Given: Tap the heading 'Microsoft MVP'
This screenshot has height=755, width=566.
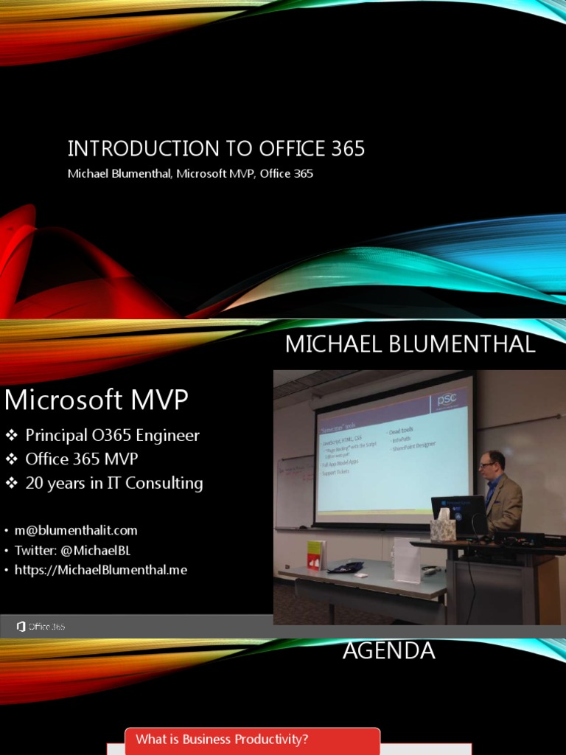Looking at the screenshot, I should [x=97, y=400].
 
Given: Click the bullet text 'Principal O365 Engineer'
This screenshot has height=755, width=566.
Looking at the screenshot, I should [x=112, y=435].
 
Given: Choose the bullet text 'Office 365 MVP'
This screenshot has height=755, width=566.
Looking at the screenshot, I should [x=81, y=459].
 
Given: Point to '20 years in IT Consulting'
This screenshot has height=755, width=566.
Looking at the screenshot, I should [x=114, y=484].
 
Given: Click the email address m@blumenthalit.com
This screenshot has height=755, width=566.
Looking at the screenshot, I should [x=76, y=530].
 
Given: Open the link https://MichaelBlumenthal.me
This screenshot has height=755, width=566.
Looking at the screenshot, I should [x=101, y=570].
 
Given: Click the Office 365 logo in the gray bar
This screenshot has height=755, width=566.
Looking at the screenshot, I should [x=41, y=627].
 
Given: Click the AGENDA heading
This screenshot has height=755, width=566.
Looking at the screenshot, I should [x=389, y=651].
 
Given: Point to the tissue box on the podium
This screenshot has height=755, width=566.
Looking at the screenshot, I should [x=444, y=526].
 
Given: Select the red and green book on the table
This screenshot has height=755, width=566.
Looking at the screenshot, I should [x=315, y=554].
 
